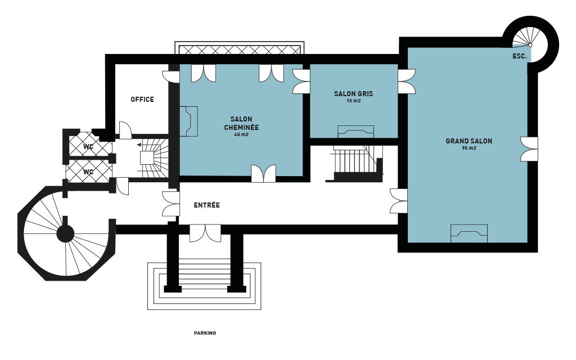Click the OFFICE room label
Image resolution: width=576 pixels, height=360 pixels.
point(142,100)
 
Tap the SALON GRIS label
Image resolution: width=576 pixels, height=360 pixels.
point(353,94)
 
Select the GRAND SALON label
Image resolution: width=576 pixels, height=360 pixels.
point(469,141)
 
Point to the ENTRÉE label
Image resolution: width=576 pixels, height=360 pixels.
point(207,205)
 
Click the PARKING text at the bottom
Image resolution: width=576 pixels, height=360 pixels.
point(205,333)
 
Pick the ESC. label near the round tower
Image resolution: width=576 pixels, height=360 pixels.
point(520,56)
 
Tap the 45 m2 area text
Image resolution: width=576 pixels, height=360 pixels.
point(241,134)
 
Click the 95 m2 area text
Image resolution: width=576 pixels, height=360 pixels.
point(469,148)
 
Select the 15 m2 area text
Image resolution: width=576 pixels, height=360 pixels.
point(353,101)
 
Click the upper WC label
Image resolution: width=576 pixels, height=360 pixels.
point(88,147)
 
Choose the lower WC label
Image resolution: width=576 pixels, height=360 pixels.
point(88,172)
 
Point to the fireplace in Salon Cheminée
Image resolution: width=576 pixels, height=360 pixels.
point(188,121)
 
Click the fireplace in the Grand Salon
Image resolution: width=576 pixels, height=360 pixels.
point(469,233)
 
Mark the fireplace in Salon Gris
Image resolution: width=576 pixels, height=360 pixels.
point(355,132)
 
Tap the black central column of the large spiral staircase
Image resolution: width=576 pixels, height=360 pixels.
point(65,233)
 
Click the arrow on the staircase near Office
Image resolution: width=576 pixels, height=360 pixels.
point(140,145)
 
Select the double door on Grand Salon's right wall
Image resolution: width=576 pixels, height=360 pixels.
point(529,149)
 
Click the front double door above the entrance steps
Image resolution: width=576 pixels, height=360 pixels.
point(205,234)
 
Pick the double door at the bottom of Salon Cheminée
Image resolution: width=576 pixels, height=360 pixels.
point(263,173)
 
